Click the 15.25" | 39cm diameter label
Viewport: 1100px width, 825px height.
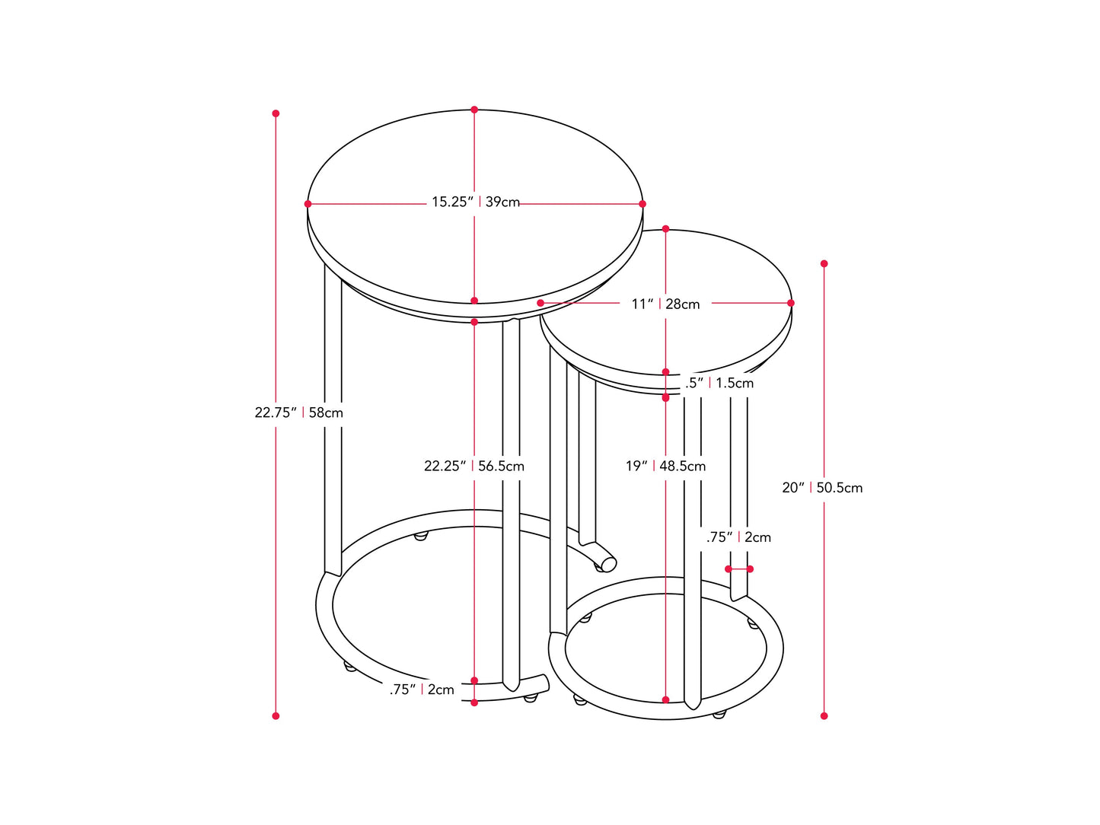pyautogui.click(x=476, y=202)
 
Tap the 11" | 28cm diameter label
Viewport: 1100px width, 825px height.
pyautogui.click(x=665, y=304)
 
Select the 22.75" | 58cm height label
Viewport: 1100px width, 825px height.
pyautogui.click(x=298, y=412)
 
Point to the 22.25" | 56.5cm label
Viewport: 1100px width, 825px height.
pyautogui.click(x=473, y=466)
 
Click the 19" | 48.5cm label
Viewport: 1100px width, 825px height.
pyautogui.click(x=665, y=466)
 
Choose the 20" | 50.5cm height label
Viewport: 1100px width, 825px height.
pyautogui.click(x=822, y=488)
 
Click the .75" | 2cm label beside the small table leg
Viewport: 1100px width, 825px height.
pyautogui.click(x=738, y=537)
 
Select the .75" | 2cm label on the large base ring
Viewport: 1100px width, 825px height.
pyautogui.click(x=422, y=690)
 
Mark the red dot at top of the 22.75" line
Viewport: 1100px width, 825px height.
pyautogui.click(x=276, y=113)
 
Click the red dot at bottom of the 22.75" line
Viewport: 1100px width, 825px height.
pyautogui.click(x=276, y=716)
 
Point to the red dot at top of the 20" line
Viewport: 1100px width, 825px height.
pyautogui.click(x=824, y=263)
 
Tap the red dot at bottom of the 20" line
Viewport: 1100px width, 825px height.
pyautogui.click(x=824, y=716)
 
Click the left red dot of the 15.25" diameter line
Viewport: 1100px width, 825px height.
pyautogui.click(x=308, y=204)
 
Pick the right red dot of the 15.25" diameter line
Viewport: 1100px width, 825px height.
pyautogui.click(x=642, y=204)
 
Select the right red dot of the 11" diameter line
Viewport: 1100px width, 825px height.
pyautogui.click(x=791, y=303)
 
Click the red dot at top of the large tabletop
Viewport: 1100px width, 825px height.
pyautogui.click(x=474, y=110)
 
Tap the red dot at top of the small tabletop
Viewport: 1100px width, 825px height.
pyautogui.click(x=665, y=228)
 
